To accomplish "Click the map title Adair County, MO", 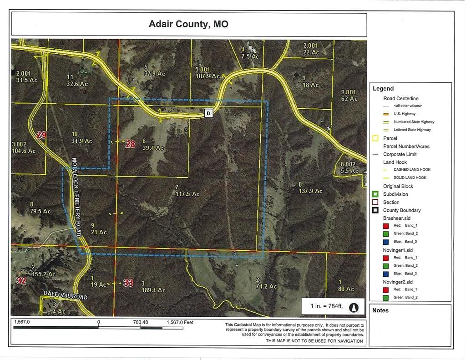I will [188, 24].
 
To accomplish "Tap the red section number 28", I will [130, 144].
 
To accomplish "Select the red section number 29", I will [41, 135].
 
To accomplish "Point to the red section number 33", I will [128, 283].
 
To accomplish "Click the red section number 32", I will [21, 280].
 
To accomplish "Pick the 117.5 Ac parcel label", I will [187, 194].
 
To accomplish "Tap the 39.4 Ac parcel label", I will [153, 148].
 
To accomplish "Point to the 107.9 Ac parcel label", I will [208, 76].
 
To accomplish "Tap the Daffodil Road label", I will [66, 296].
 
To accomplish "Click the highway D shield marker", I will [208, 113].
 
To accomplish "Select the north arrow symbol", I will [354, 307].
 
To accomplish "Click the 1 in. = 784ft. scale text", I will [326, 306].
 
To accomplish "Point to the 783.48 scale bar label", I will [141, 323].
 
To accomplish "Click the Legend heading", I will [383, 89].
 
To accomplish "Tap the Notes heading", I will [380, 310].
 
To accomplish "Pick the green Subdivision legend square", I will [375, 194].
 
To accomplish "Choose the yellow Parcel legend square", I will [375, 138].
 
